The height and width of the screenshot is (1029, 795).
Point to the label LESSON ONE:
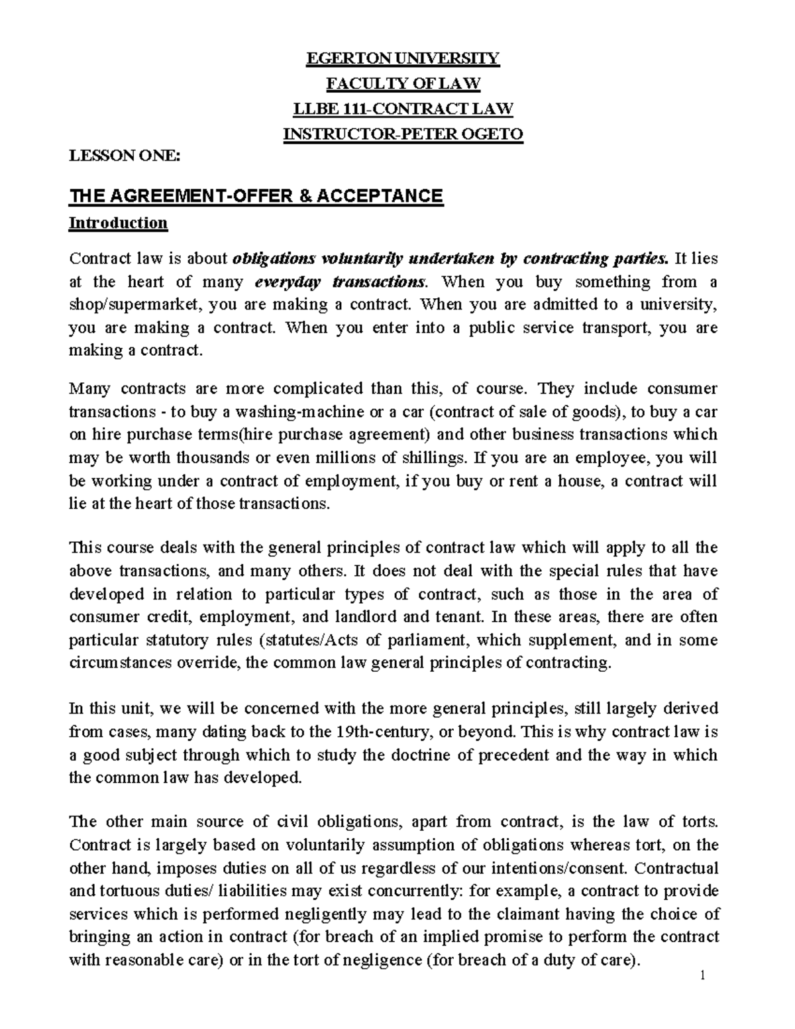click(125, 156)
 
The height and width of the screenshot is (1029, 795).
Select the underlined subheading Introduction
click(119, 223)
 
